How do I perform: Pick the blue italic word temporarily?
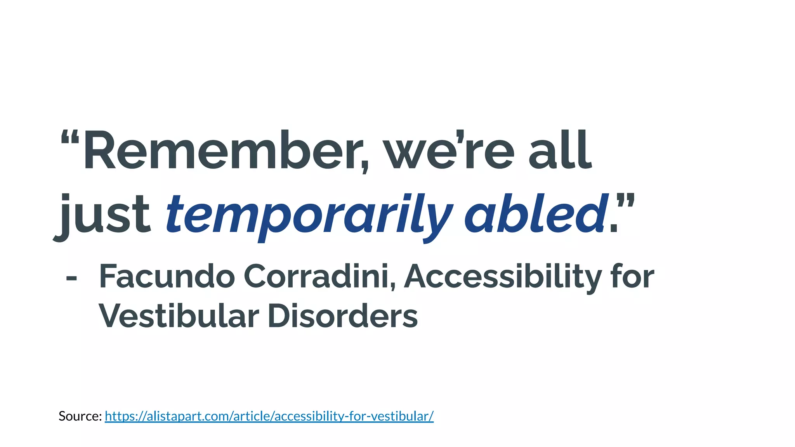tap(309, 216)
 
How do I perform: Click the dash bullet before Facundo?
tap(71, 278)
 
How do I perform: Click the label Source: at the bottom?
tap(80, 416)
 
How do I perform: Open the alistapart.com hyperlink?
tap(269, 416)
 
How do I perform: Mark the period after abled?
tap(613, 229)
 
